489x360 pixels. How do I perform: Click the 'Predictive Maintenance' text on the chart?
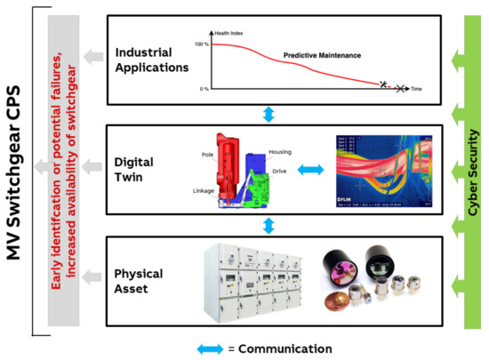pyautogui.click(x=323, y=55)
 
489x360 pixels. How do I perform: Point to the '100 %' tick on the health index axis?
pyautogui.click(x=202, y=44)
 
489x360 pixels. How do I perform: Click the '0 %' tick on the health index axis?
pyautogui.click(x=204, y=89)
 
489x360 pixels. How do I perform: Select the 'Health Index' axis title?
pyautogui.click(x=230, y=33)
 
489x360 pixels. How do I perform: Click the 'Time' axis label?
pyautogui.click(x=415, y=90)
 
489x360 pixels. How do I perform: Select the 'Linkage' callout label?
pyautogui.click(x=204, y=189)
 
